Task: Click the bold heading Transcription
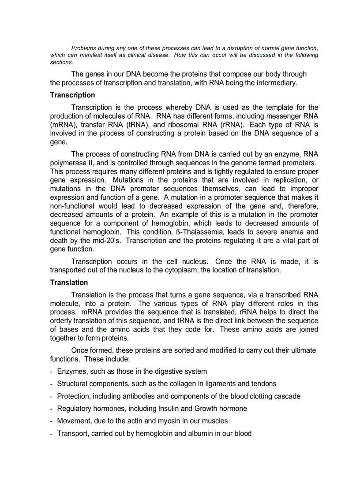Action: click(x=72, y=95)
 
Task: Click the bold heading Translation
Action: click(x=69, y=283)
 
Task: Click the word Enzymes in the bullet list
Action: click(x=71, y=372)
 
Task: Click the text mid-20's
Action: click(x=103, y=241)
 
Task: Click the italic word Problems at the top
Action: click(x=84, y=48)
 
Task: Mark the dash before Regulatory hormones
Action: click(x=52, y=409)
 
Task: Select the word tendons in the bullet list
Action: click(x=264, y=384)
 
